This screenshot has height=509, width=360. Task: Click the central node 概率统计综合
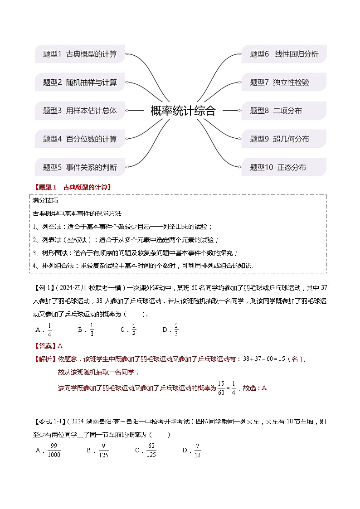click(x=183, y=111)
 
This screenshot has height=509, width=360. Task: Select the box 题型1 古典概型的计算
click(x=80, y=54)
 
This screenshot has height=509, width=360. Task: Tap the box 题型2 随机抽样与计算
click(x=80, y=82)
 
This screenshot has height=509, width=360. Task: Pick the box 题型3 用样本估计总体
click(x=80, y=111)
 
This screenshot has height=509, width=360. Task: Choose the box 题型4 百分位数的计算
click(x=80, y=139)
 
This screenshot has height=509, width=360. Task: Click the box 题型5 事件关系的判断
click(x=80, y=167)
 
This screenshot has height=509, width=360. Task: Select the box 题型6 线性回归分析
click(x=284, y=54)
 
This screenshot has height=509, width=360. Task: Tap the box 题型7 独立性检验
click(x=284, y=82)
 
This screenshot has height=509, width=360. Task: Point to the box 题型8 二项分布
click(x=284, y=111)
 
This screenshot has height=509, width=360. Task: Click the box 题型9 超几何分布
click(x=284, y=139)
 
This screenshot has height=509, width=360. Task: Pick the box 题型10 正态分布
click(x=284, y=167)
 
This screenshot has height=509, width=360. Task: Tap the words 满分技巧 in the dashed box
click(x=45, y=200)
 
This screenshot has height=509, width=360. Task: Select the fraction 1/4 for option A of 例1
click(x=49, y=330)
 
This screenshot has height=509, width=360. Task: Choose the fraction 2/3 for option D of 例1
click(x=176, y=330)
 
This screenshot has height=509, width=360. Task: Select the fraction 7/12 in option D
click(x=197, y=451)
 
